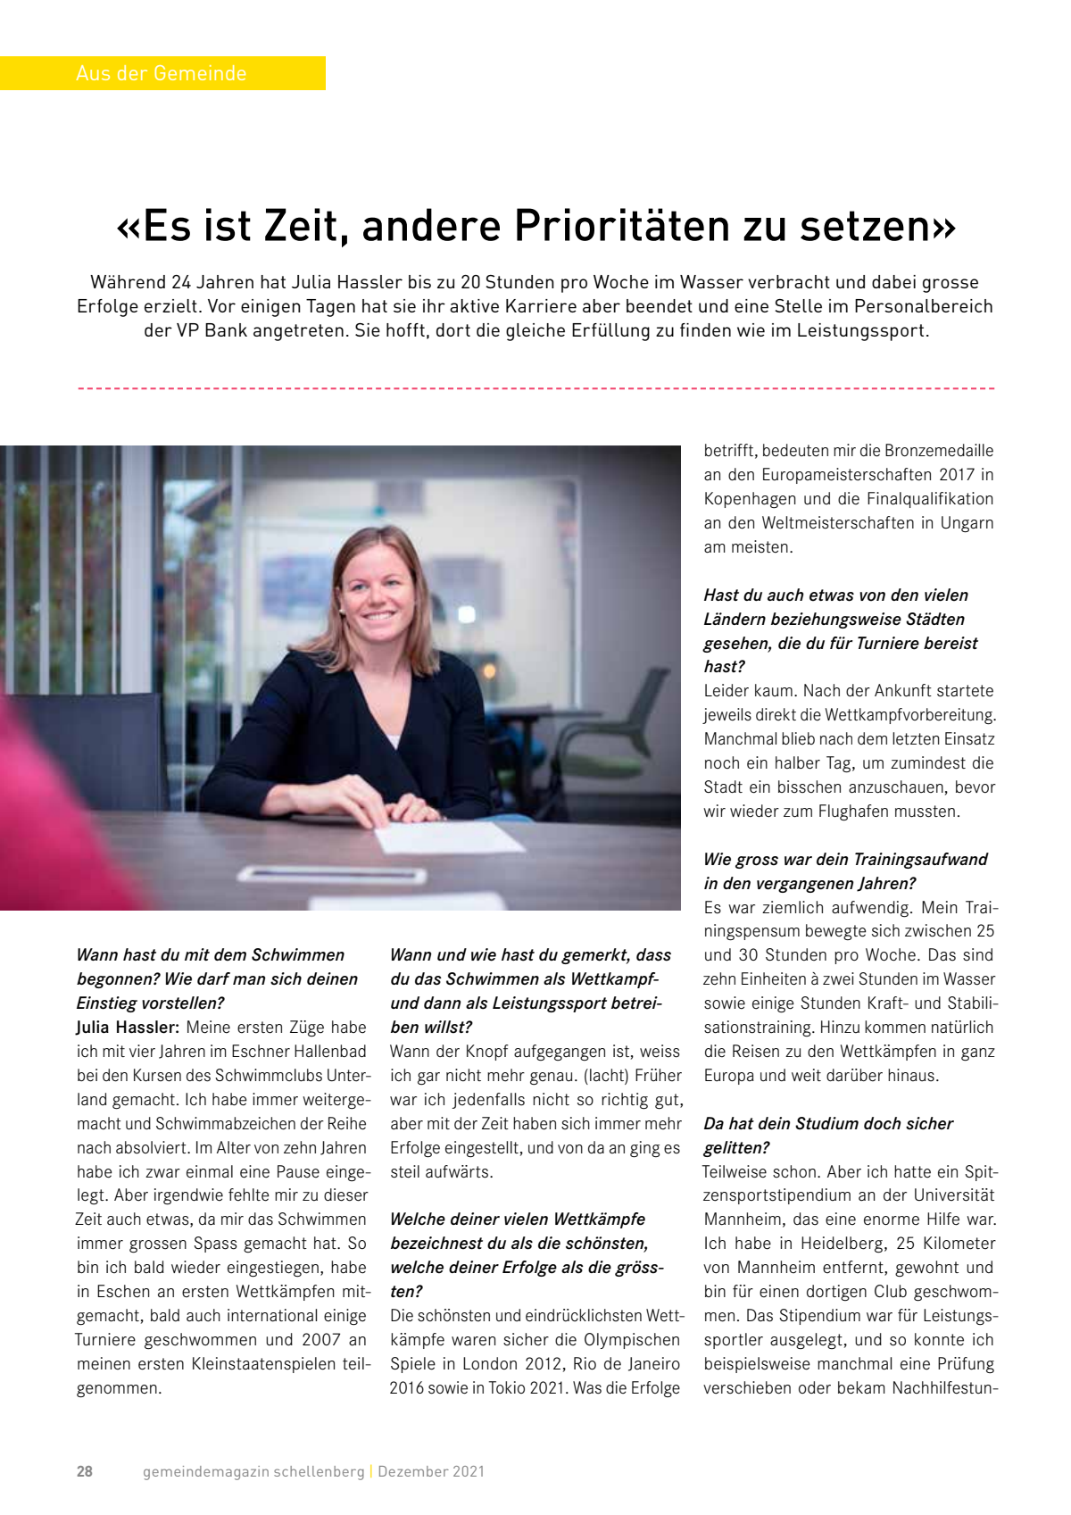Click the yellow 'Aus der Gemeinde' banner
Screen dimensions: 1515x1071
pos(162,73)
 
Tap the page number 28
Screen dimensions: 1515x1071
pos(85,1471)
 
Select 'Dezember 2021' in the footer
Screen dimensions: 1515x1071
pos(431,1471)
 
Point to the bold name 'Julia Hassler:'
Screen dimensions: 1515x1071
pos(128,1028)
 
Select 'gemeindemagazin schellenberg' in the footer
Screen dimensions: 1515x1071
pos(253,1471)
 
